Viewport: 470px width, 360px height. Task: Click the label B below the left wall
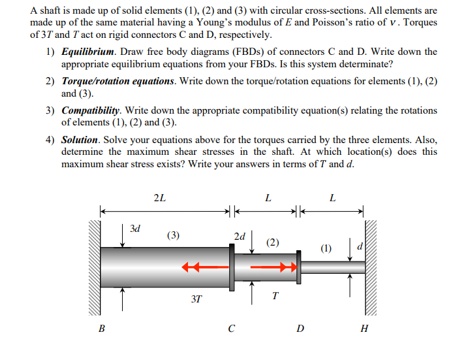pos(101,329)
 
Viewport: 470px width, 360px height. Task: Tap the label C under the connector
pos(232,329)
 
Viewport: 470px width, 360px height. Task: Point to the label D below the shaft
pos(300,329)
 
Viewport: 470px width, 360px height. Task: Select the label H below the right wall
pos(364,329)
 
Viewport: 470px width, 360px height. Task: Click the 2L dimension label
pos(159,198)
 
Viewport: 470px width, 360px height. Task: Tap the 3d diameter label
pos(135,229)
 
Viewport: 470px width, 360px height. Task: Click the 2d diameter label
pos(240,236)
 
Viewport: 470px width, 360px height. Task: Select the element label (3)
pos(174,235)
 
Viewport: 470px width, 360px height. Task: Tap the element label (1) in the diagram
pos(326,248)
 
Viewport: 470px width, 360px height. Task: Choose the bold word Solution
pos(80,140)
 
